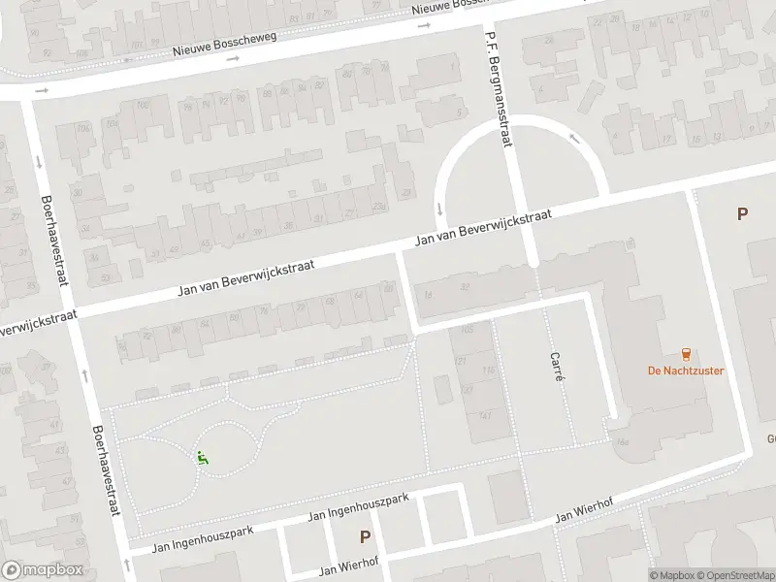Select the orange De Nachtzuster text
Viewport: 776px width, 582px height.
[x=686, y=371]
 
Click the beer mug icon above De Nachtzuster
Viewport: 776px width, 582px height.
[x=686, y=352]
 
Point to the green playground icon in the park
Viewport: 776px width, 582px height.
[x=203, y=457]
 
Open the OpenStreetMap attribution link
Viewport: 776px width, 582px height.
[x=733, y=575]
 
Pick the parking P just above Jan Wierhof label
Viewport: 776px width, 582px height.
[x=366, y=536]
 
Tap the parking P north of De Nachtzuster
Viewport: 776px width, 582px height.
[x=742, y=214]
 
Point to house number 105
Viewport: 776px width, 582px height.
[x=468, y=329]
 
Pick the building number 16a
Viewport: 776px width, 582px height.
[x=620, y=442]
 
